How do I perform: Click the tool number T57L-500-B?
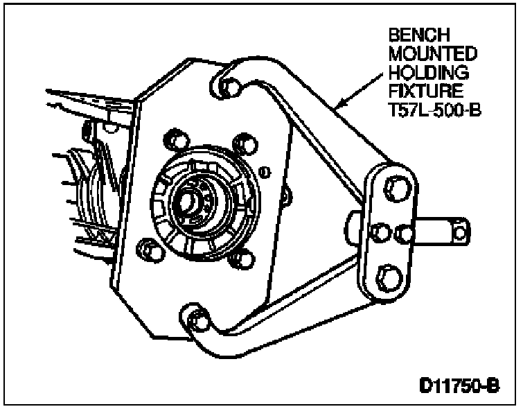pos(433,107)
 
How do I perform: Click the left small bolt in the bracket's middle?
pos(379,230)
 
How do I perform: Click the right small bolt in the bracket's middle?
pos(402,230)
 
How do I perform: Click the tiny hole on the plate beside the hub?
pos(264,171)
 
